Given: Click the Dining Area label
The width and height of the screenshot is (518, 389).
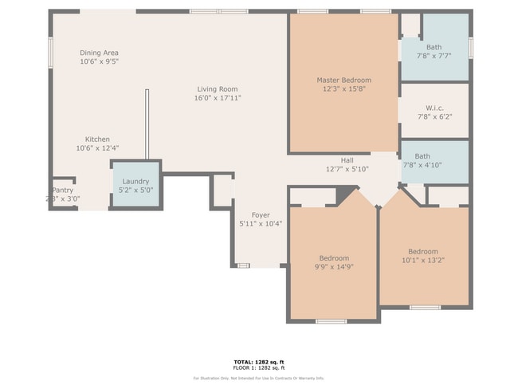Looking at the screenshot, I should [99, 53].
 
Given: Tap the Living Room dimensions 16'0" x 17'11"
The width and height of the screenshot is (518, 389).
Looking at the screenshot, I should [218, 98].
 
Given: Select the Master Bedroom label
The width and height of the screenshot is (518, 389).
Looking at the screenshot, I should [343, 80].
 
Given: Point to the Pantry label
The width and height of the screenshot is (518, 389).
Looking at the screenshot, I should [62, 191].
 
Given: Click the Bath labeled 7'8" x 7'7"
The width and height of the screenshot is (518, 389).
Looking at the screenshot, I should [434, 52].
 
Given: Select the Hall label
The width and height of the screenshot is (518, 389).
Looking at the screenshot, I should [347, 160].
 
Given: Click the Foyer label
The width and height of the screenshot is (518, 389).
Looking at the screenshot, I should [261, 215].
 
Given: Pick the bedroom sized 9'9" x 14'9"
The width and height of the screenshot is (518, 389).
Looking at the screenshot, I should [334, 263].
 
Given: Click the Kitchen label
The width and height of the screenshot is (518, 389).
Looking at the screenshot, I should [97, 139].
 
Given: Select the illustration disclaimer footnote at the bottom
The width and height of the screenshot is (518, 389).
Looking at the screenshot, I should [259, 378].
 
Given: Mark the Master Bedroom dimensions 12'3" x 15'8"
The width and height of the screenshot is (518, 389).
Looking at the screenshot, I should [343, 89].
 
